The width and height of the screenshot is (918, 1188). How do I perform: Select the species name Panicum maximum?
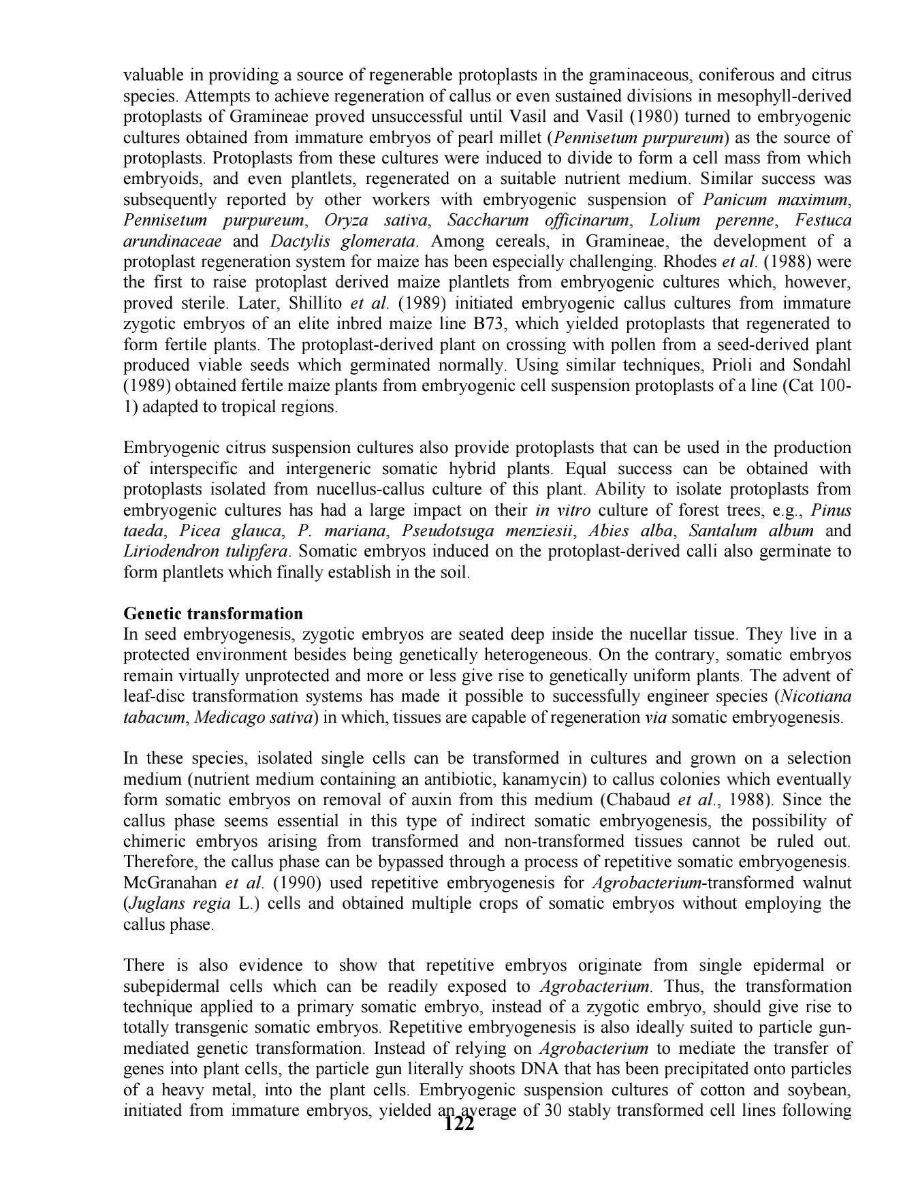[x=775, y=200]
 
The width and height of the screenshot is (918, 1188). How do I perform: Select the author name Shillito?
[x=313, y=303]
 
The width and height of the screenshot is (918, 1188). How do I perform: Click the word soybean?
[x=818, y=1090]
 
